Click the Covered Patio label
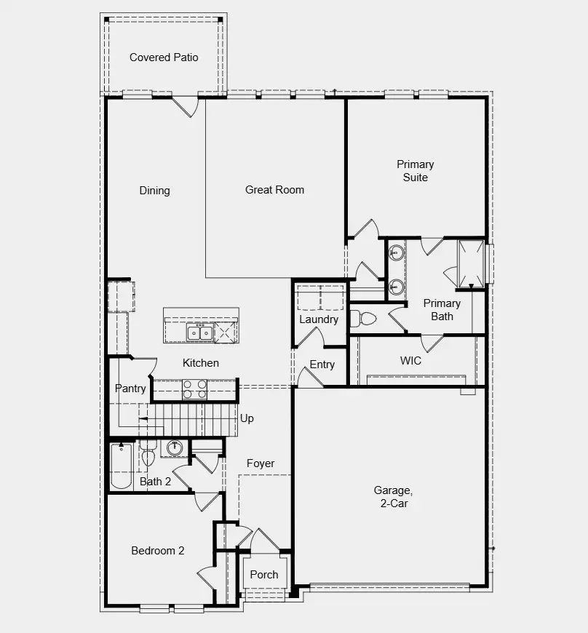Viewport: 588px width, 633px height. click(164, 57)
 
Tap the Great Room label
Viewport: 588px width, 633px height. click(274, 190)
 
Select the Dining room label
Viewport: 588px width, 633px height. click(154, 191)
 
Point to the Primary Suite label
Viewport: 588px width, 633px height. click(415, 171)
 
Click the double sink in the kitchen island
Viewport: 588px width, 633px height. click(199, 333)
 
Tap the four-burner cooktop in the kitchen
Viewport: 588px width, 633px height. click(194, 389)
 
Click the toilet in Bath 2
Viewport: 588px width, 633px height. click(148, 455)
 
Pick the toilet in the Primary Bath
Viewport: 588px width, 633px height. click(363, 318)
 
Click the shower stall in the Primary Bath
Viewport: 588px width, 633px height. click(470, 262)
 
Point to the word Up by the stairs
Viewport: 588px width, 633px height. click(247, 419)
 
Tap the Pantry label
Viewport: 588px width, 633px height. click(130, 389)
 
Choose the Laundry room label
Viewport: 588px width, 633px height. click(319, 319)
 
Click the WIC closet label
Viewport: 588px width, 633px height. click(410, 360)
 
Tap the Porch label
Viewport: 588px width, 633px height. click(264, 574)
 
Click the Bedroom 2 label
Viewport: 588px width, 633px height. click(157, 551)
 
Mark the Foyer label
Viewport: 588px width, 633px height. click(261, 463)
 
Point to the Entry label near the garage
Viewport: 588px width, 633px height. click(322, 365)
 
